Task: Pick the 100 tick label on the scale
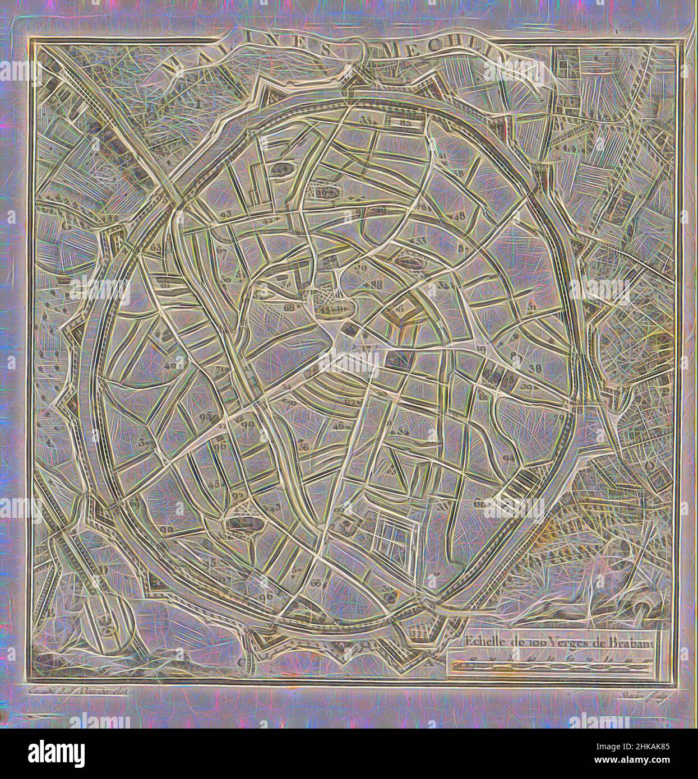(649, 658)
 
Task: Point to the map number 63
(155, 247)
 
